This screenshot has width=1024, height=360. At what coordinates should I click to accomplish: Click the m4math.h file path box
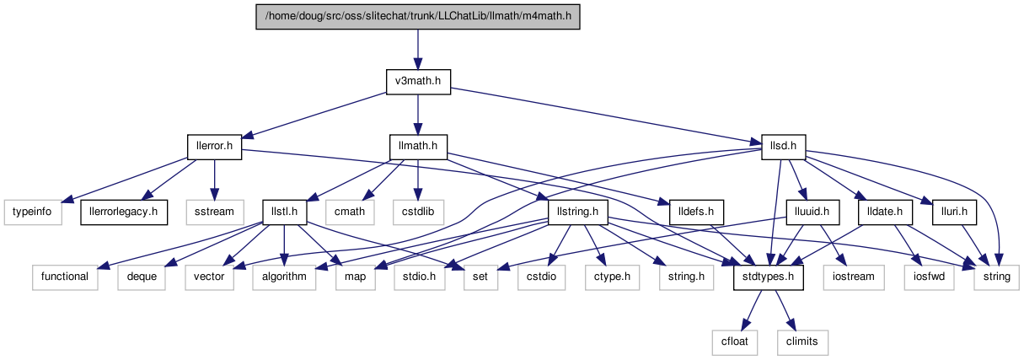point(418,17)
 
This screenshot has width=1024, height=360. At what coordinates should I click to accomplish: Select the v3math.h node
point(418,82)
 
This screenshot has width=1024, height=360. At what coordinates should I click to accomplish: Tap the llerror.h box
point(214,147)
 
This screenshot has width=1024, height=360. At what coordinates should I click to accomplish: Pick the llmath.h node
point(418,147)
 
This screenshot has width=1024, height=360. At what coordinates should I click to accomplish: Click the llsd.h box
point(784,147)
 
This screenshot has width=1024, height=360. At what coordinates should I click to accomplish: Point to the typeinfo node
point(33,212)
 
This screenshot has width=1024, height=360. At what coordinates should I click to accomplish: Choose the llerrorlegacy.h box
point(124,212)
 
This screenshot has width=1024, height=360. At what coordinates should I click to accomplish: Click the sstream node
point(215,212)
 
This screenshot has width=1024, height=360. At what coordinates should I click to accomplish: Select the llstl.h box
point(284,212)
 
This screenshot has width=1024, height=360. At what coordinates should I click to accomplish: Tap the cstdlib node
point(418,212)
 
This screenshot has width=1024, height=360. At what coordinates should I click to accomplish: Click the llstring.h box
point(578,212)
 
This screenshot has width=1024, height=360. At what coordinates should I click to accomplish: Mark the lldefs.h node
point(696,212)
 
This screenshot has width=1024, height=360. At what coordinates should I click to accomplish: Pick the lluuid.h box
point(812,212)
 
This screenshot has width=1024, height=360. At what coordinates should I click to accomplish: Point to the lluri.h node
point(954,212)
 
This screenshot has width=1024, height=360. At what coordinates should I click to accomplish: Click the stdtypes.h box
point(768,277)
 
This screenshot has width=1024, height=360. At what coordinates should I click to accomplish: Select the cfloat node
point(735,342)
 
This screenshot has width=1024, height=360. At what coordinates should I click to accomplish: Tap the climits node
point(802,342)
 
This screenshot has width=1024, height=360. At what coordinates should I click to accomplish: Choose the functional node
point(65,277)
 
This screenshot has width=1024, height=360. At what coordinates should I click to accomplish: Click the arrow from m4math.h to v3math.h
point(418,50)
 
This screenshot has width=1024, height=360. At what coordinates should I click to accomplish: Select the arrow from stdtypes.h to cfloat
point(752,310)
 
